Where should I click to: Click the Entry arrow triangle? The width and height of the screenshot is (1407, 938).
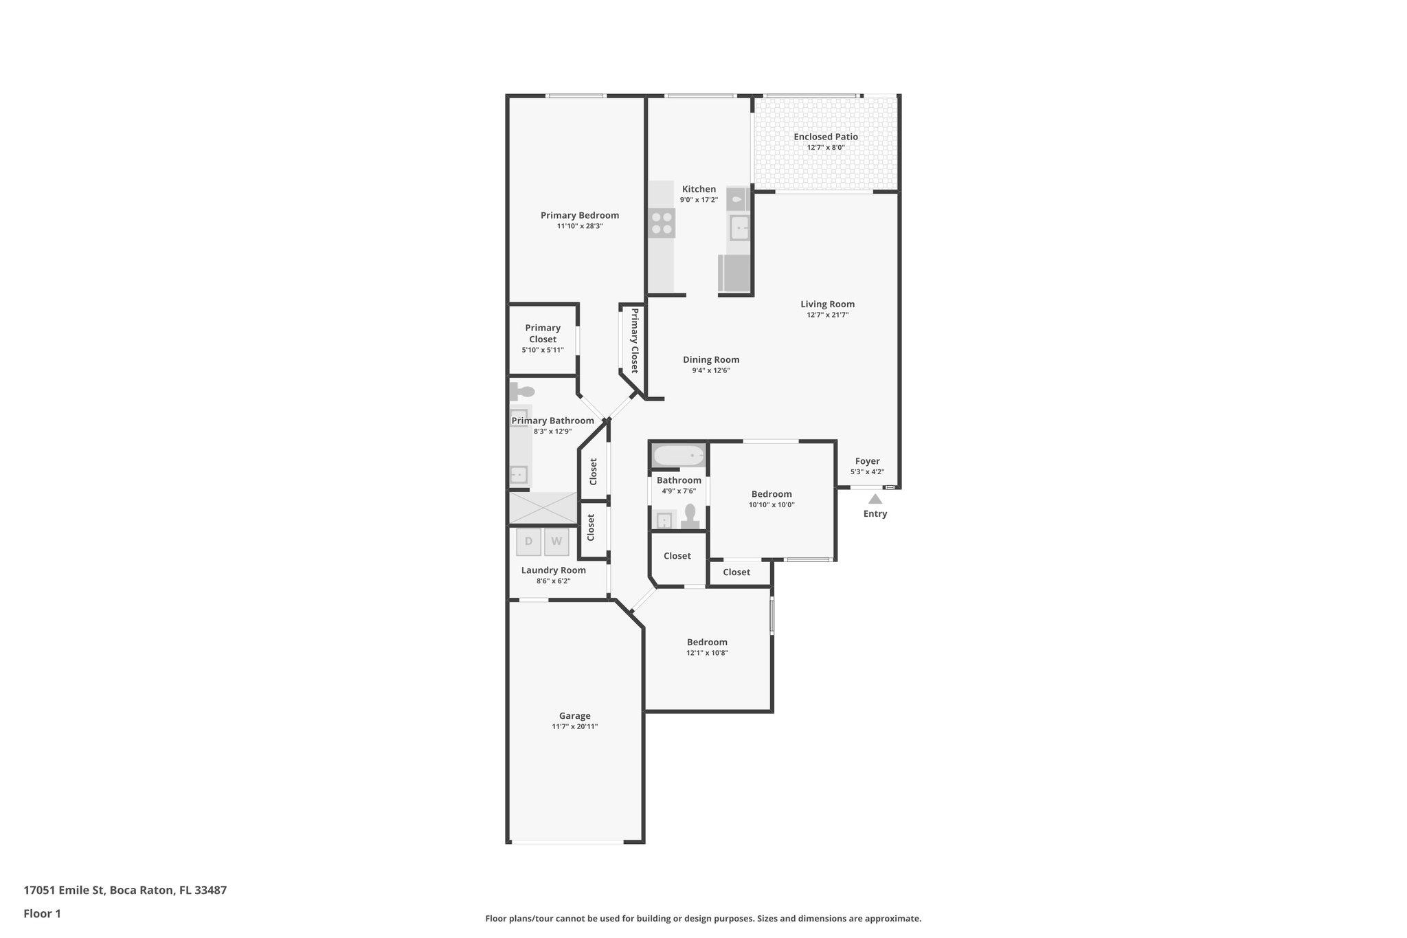[x=875, y=499]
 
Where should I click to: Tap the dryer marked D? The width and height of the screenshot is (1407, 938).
[x=528, y=541]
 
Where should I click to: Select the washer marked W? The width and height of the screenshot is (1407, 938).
[x=556, y=541]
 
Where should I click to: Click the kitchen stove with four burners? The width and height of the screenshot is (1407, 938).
[x=662, y=223]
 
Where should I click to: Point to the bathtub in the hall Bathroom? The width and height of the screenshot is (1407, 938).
[x=678, y=456]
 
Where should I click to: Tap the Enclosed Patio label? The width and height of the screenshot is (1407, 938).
[x=826, y=137]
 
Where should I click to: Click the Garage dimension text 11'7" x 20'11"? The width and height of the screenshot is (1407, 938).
[x=574, y=726]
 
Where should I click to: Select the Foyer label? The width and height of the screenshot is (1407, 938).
[x=867, y=461]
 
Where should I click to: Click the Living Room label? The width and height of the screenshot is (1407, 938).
[x=827, y=304]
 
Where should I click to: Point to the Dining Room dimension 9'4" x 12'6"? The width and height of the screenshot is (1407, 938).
[x=711, y=370]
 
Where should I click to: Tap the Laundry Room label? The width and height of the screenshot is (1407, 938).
[x=553, y=570]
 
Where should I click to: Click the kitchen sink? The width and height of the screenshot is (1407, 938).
[x=739, y=227]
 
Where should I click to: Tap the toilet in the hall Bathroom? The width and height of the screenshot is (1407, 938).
[x=690, y=515]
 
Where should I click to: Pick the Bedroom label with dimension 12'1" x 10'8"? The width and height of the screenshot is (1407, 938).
[x=707, y=642]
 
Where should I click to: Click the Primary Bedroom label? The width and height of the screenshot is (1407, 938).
[x=579, y=215]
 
